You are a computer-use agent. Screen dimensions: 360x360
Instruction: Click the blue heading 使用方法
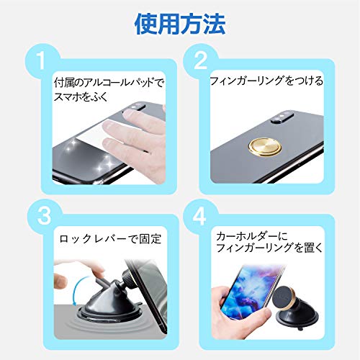(x=180, y=24)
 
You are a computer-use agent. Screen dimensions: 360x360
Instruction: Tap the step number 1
(x=42, y=60)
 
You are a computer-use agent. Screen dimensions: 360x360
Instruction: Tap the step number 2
(x=200, y=60)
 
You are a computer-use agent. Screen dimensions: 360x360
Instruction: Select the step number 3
(x=45, y=215)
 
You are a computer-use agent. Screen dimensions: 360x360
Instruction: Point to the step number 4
(x=199, y=215)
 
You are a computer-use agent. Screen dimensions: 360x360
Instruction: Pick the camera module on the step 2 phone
(x=282, y=117)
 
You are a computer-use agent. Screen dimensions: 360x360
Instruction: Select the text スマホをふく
(x=81, y=96)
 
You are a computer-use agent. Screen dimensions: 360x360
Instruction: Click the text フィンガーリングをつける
(x=266, y=81)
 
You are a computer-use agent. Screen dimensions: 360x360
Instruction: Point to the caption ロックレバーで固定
(x=110, y=239)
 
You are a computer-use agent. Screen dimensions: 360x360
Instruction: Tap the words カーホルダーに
(x=252, y=236)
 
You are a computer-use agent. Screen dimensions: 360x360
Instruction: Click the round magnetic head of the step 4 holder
(x=284, y=300)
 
